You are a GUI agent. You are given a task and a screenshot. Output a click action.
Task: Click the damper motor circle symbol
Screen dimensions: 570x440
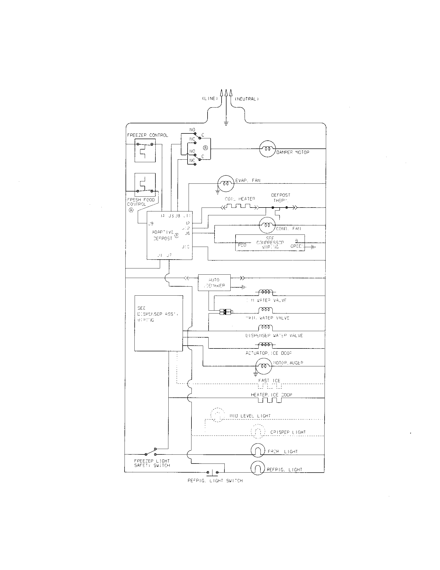point(267,149)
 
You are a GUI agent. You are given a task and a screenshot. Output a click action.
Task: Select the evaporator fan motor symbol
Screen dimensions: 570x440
point(226,183)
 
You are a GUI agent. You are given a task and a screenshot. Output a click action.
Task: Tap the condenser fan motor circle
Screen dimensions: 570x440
point(267,225)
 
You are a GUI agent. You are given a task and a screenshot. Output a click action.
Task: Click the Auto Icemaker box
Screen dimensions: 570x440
point(214,283)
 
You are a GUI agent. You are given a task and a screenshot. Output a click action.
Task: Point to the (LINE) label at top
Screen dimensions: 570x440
point(210,99)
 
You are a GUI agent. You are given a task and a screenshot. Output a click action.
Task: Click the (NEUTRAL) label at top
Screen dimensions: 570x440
point(247,99)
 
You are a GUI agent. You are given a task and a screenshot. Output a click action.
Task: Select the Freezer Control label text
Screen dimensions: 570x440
point(148,135)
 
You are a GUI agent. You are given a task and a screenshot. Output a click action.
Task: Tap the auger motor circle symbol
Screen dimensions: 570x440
point(263,366)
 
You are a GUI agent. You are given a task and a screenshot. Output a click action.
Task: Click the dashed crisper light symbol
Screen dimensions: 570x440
point(258,431)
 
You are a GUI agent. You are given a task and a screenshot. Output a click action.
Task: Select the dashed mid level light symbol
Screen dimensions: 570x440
point(217,415)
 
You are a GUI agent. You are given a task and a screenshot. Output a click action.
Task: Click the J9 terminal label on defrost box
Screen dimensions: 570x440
point(151,223)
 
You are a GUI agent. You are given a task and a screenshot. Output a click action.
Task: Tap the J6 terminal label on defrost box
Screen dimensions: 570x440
point(187,233)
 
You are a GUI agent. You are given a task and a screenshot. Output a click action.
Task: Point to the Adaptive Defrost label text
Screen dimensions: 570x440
point(162,235)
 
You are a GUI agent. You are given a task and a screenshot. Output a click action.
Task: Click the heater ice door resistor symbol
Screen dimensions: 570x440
point(270,400)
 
